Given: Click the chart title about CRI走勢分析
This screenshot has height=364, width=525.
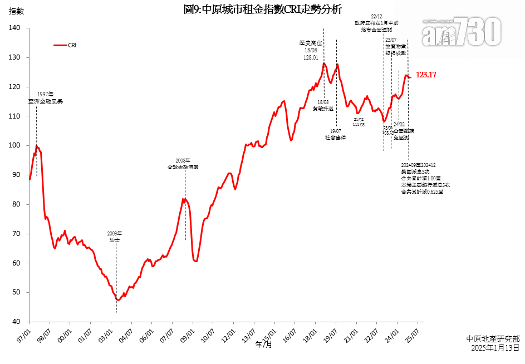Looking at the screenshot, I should click(x=262, y=9).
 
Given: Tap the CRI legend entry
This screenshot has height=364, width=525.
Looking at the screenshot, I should click(x=65, y=45).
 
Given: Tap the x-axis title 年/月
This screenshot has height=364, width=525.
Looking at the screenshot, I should click(x=264, y=345).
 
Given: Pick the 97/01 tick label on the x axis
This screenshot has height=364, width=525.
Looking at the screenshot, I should click(x=24, y=335).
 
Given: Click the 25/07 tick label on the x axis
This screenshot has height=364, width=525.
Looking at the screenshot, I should click(x=413, y=335).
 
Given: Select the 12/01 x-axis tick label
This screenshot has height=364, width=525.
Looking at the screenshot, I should click(x=228, y=335).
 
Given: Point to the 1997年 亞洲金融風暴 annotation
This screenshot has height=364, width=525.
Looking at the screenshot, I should click(x=46, y=98).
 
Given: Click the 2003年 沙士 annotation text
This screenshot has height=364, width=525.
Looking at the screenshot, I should click(x=114, y=237).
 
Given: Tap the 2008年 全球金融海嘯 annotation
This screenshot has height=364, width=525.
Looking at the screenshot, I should click(x=183, y=164).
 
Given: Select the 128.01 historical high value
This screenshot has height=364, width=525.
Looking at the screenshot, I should click(x=311, y=57).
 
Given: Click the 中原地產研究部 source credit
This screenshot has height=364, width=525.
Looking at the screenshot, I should click(x=493, y=338).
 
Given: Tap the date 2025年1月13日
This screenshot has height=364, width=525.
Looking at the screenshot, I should click(x=494, y=347).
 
